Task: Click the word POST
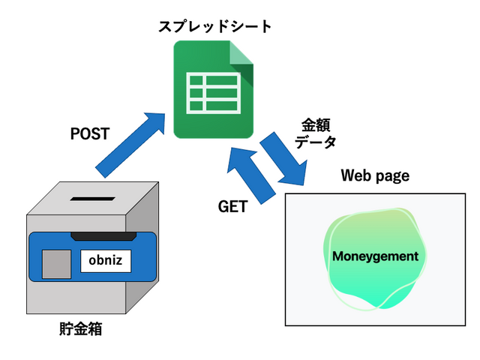pos(89,135)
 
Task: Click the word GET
pos(232,208)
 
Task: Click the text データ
pos(315,141)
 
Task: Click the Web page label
pos(375,176)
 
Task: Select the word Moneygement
pos(375,256)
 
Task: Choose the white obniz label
pos(106,261)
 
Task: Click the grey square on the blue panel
pos(55,263)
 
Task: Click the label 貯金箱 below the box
pos(80,328)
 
